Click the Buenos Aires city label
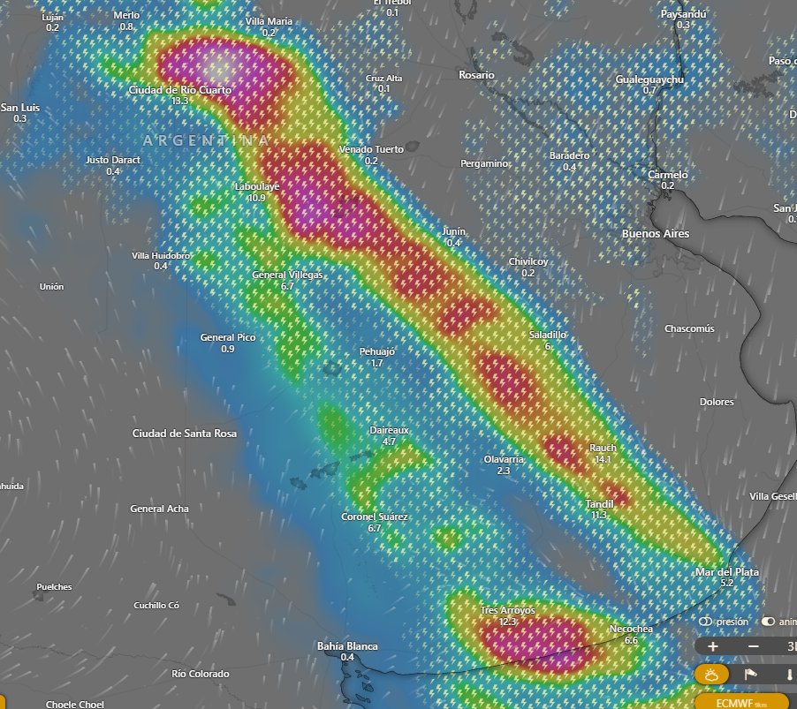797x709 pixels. coord(656,234)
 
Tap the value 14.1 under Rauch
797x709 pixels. coord(603,460)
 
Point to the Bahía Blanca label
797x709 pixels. coord(347,646)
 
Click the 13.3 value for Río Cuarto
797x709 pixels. coord(180,102)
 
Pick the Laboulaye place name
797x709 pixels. coord(257,187)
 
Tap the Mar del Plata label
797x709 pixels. coord(727,572)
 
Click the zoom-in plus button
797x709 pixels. coord(713,646)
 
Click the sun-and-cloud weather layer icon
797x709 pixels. coord(711,675)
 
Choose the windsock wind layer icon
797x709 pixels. coord(750,675)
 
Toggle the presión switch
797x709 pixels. coord(706,622)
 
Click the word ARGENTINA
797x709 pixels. coord(206,141)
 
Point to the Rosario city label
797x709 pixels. coord(476,76)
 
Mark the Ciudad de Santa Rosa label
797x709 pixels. coord(184,434)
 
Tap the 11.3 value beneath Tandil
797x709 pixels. coord(599,515)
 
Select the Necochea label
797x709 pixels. coord(631,629)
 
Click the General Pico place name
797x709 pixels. coord(228,337)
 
